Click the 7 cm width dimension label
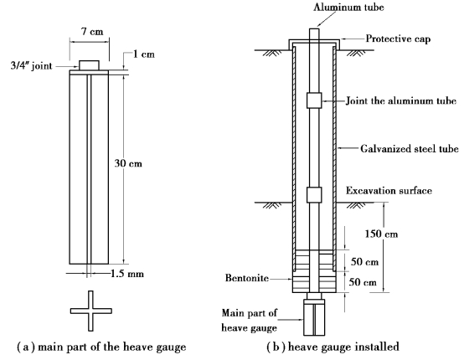92,31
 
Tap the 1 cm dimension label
144,54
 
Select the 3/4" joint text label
31,65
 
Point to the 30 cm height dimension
128,163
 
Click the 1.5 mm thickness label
127,274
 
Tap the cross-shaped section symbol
90,311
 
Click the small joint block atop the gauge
89,65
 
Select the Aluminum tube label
348,7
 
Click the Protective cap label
398,39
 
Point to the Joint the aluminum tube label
401,100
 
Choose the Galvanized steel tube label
410,148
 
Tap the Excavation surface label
389,191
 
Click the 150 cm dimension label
381,234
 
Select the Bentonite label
247,278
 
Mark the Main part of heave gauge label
250,320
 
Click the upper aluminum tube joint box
314,100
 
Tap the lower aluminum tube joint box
314,194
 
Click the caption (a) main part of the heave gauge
101,347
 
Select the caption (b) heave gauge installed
333,347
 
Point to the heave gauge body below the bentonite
314,317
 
